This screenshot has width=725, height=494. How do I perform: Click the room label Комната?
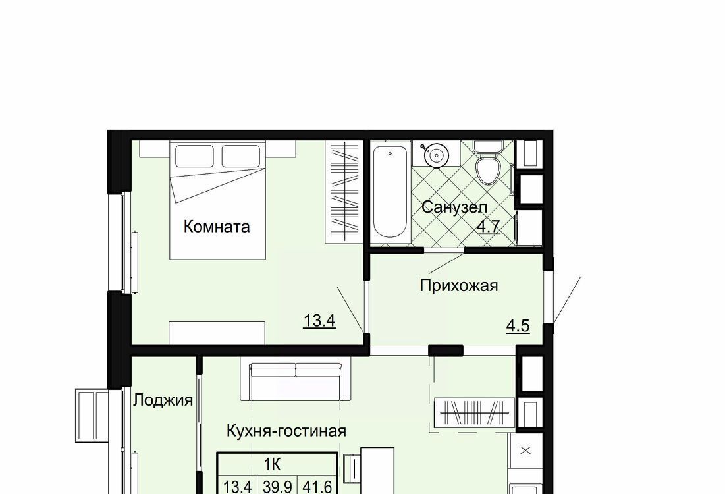tap(217, 227)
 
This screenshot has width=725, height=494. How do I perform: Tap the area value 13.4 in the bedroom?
tap(319, 321)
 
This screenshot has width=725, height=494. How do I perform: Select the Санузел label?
tap(454, 207)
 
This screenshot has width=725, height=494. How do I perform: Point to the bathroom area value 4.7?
tap(489, 227)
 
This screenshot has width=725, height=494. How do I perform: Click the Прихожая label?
tap(459, 285)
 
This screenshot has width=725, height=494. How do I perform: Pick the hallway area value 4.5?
tap(518, 325)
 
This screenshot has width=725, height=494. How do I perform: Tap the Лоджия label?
tap(163, 400)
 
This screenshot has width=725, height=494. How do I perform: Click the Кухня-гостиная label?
tap(286, 431)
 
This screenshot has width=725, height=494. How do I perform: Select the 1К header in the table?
tap(273, 464)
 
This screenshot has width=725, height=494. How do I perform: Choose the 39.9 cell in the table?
tap(278, 487)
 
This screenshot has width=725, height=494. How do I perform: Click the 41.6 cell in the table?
tap(317, 487)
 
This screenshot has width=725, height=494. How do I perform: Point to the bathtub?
tap(390, 190)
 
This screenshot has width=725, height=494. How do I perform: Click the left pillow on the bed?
tap(194, 156)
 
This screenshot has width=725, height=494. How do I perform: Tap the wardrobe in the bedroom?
tap(342, 192)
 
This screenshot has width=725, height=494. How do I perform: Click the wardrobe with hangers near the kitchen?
tap(474, 412)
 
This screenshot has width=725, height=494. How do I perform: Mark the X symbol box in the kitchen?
tap(525, 451)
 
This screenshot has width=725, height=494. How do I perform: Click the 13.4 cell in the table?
tap(237, 487)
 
